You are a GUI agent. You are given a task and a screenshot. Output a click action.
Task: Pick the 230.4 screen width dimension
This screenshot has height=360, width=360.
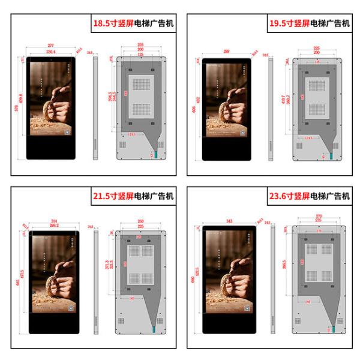pyautogui.click(x=50, y=52)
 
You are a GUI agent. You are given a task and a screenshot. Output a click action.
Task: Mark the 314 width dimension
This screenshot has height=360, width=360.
pyautogui.click(x=55, y=221)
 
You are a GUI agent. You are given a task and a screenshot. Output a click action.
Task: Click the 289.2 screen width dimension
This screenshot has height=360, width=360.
pyautogui.click(x=55, y=226)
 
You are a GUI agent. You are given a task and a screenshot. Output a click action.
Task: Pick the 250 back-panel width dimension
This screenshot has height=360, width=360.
pyautogui.click(x=140, y=221)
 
